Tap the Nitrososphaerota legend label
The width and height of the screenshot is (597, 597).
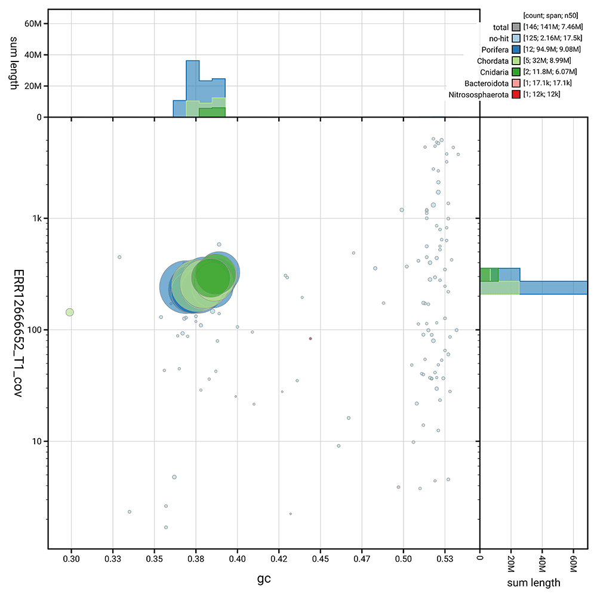point(479,94)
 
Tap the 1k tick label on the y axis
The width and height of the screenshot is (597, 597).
point(36,219)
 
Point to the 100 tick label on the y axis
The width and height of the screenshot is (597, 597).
point(33,330)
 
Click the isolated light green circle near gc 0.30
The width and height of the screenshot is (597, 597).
point(70,312)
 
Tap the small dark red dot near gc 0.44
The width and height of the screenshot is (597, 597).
point(310,338)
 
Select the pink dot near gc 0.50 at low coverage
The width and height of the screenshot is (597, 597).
point(398,487)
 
